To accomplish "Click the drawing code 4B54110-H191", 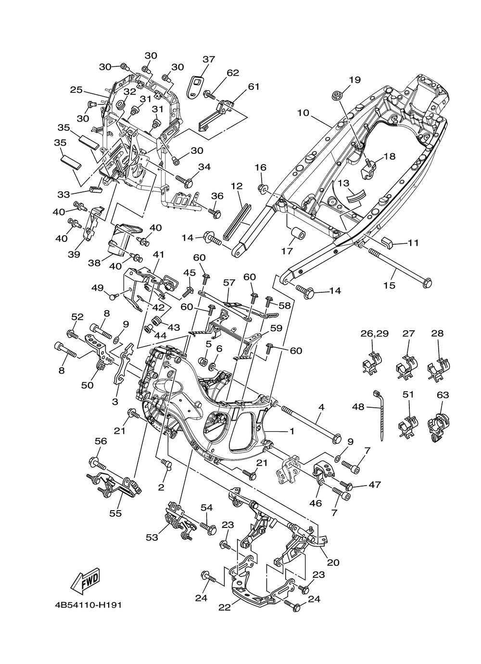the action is pyautogui.click(x=88, y=615).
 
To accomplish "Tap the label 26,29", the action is pyautogui.click(x=374, y=334).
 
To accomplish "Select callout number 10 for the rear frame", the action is pyautogui.click(x=303, y=113).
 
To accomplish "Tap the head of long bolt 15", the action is pyautogui.click(x=427, y=282).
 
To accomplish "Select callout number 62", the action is pyautogui.click(x=233, y=73).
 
